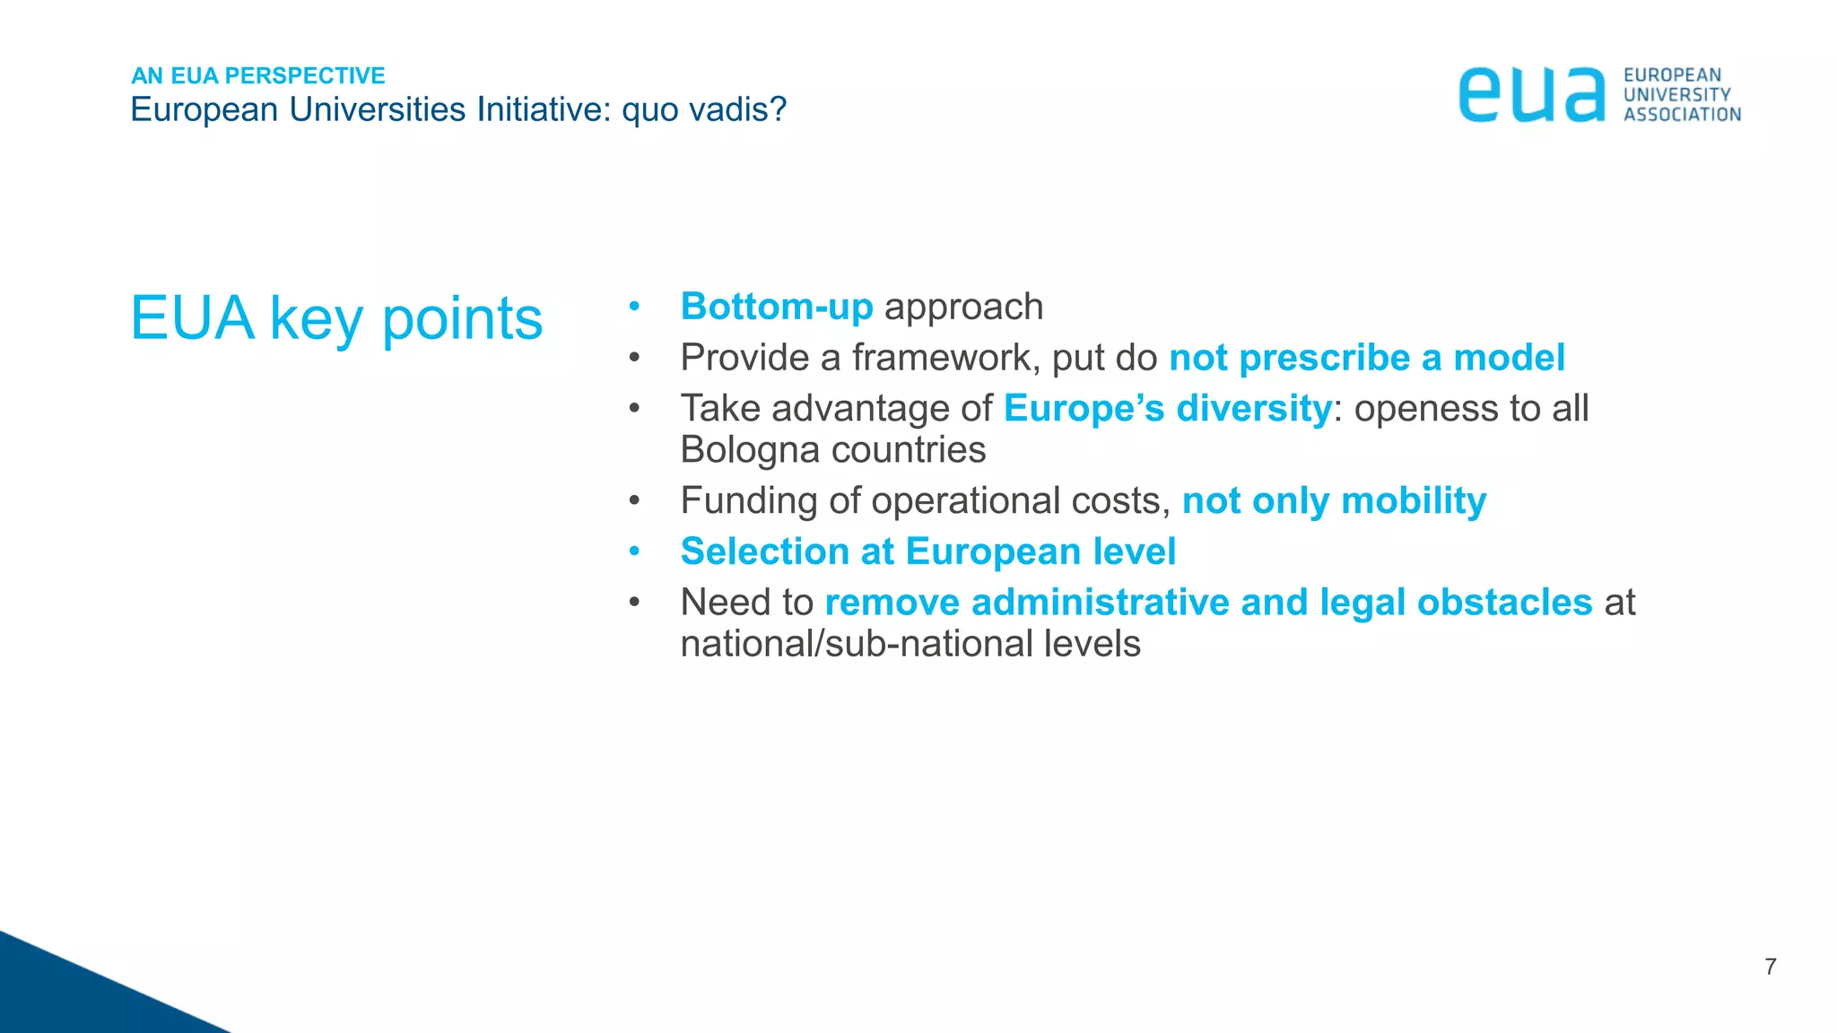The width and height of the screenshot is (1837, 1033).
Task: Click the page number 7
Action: click(x=1770, y=967)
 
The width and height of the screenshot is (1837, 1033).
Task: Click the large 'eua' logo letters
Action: click(x=1531, y=95)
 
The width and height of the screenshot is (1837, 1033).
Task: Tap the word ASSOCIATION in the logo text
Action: click(x=1682, y=115)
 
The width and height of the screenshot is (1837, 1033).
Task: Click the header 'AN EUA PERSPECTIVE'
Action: click(x=258, y=75)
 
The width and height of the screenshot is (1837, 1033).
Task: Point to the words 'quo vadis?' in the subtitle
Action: click(x=704, y=109)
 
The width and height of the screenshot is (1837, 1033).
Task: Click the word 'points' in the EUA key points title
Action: click(x=462, y=318)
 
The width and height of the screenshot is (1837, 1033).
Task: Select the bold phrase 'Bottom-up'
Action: click(x=777, y=307)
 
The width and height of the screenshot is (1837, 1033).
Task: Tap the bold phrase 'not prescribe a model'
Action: click(x=1367, y=358)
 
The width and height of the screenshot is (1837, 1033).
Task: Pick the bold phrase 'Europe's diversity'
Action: click(x=1167, y=409)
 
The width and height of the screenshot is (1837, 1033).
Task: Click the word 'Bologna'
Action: click(x=750, y=450)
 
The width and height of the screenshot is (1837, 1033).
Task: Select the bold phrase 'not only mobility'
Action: click(x=1334, y=501)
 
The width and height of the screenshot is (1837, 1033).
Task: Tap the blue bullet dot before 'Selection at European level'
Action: click(x=634, y=551)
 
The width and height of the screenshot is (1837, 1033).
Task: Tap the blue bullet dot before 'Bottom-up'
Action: click(x=634, y=306)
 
